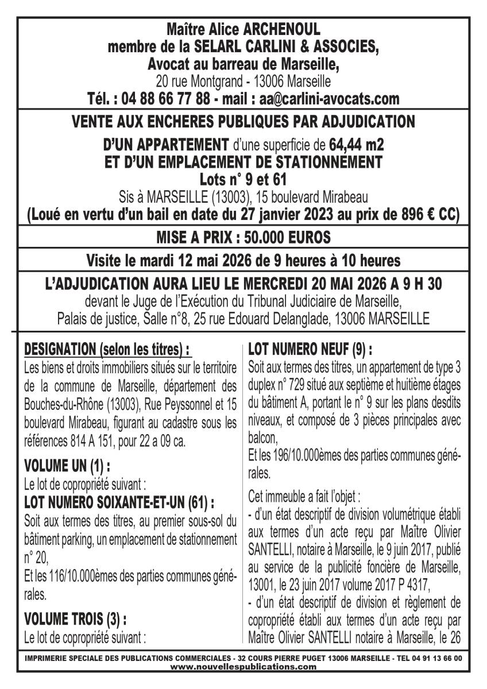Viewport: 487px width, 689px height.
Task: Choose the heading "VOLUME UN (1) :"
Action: (68, 448)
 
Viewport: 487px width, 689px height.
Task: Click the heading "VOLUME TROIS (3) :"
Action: (75, 619)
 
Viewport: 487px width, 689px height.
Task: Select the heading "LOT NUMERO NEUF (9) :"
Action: (310, 349)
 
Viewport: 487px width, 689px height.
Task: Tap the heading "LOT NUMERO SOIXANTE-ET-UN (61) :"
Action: (119, 503)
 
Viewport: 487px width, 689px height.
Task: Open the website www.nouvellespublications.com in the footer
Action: (243, 667)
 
